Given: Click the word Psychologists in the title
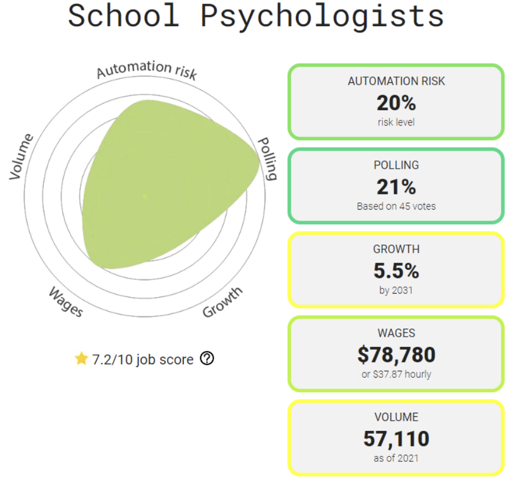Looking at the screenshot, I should coord(322,16).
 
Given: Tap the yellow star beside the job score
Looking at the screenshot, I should coord(81,358).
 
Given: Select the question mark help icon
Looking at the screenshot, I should coord(207,358).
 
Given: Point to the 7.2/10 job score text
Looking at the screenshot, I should coord(142,360).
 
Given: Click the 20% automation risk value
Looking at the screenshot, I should coord(396,103).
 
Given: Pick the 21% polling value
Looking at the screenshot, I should coord(396,187).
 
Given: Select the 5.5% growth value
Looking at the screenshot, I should coord(396,271).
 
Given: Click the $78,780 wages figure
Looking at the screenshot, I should coord(396,354).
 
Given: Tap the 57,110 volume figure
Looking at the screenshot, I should coord(396,438).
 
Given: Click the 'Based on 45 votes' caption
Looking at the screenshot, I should coord(396,206).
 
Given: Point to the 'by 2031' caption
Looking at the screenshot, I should coord(396,290).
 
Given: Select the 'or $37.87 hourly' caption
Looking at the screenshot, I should coord(396,374).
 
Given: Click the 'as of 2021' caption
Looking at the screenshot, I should coord(396,458).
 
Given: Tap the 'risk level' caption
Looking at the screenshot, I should coord(396,122).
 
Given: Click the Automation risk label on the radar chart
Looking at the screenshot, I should coord(147,69).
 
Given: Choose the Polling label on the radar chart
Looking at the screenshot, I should coord(267,159).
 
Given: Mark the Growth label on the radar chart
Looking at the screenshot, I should coord(222,302).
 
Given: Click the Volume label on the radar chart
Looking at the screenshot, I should coord(22,156).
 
